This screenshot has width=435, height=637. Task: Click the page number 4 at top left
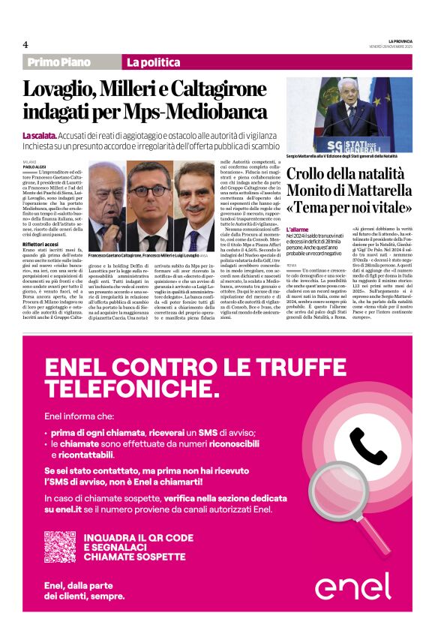25,44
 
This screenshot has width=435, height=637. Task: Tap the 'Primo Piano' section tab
58,62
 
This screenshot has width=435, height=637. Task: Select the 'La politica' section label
154,62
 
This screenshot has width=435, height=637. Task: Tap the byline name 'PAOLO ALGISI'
34,166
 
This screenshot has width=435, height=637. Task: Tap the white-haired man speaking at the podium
350,109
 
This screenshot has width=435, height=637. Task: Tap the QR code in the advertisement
59,546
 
